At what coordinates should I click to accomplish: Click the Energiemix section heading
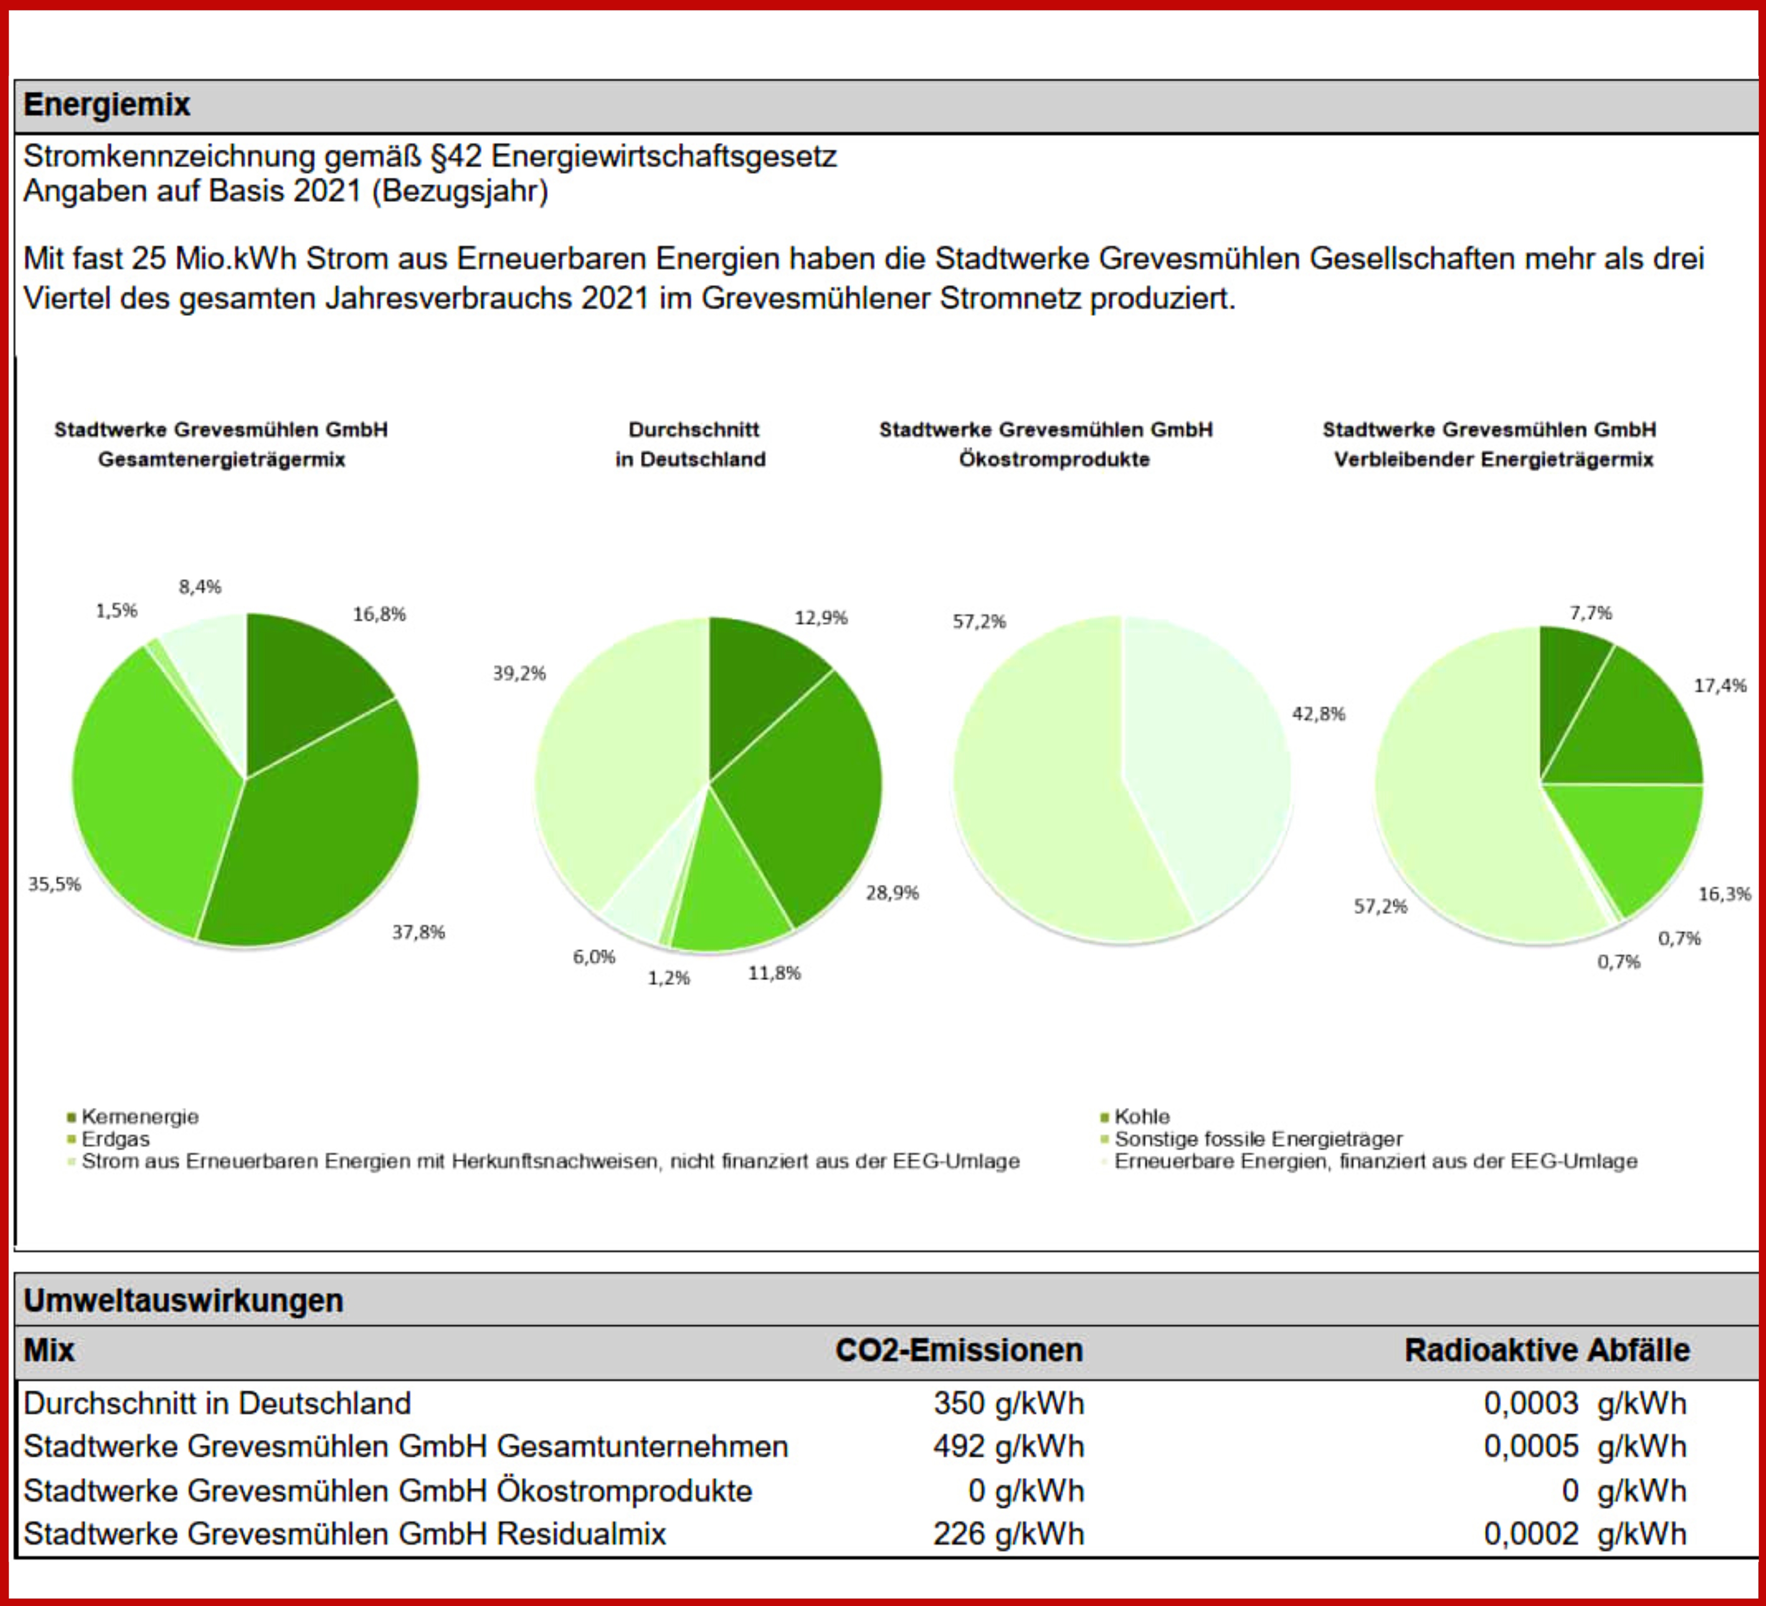[x=106, y=105]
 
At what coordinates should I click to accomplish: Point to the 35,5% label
[x=54, y=884]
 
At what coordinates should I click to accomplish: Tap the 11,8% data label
[x=774, y=973]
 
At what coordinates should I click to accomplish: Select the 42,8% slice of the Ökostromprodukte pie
[x=1209, y=762]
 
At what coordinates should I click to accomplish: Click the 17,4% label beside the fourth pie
[x=1720, y=685]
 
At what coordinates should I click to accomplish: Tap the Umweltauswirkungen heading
[x=183, y=1300]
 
